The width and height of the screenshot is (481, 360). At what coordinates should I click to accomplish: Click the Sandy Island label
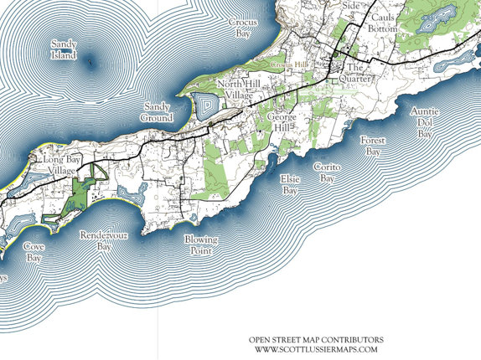point(64,49)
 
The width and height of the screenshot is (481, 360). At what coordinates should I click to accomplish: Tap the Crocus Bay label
point(243,28)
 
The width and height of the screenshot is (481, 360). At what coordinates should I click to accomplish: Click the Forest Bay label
point(372,147)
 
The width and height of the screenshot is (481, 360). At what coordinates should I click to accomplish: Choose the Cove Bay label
point(34,253)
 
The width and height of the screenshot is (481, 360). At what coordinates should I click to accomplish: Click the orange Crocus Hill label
point(287,63)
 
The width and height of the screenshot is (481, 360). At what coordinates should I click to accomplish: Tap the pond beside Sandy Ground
point(204,106)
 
